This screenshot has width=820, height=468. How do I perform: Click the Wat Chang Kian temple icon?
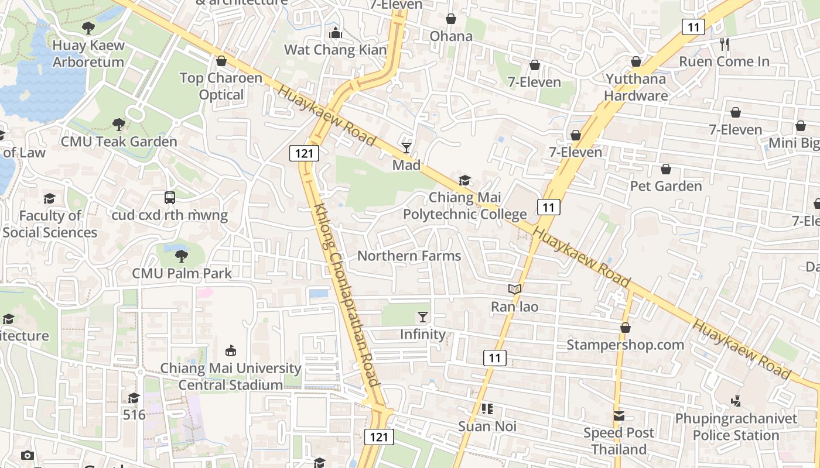[x=336, y=33]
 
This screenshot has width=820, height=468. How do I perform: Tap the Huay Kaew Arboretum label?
[x=88, y=53]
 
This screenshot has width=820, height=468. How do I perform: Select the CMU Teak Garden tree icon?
[x=119, y=124]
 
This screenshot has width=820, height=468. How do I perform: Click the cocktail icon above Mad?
[x=406, y=147]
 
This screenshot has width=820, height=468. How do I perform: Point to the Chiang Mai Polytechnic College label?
[x=464, y=206]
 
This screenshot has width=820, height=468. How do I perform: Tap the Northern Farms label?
[x=409, y=256]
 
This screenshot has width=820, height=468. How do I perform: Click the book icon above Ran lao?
[x=514, y=289]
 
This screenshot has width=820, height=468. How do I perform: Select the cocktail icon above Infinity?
[x=423, y=317]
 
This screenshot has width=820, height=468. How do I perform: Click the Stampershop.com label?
[x=625, y=345]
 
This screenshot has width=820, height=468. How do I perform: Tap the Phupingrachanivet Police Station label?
[x=736, y=426]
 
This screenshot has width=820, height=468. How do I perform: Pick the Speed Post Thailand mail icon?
[x=619, y=416]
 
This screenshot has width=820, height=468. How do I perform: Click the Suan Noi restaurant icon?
[x=487, y=409]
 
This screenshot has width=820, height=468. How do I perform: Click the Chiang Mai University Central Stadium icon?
[x=231, y=351]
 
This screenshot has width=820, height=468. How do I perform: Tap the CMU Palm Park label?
[x=182, y=273]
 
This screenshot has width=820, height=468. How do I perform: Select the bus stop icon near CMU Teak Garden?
[x=170, y=198]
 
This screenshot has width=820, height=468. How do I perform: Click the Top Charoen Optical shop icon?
[x=221, y=61]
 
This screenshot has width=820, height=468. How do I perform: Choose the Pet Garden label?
[x=665, y=186]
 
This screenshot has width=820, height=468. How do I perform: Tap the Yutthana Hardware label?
[x=635, y=87]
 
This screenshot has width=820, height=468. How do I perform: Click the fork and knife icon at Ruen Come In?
[x=725, y=44]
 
